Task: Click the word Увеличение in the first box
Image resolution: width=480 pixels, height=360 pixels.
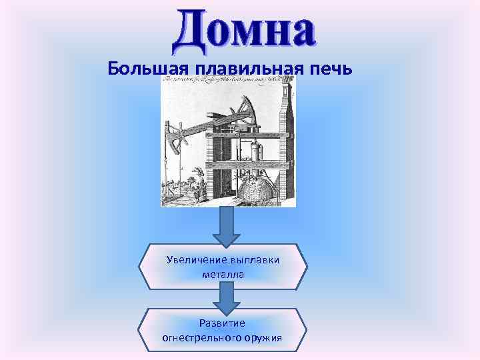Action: coord(195,259)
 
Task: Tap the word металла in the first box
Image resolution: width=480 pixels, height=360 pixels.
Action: coord(223,273)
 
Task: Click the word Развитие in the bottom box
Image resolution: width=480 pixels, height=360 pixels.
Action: coord(223,323)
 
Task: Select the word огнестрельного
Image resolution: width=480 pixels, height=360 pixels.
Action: coord(203,337)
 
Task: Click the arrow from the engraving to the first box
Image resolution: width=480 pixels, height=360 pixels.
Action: coord(227,227)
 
